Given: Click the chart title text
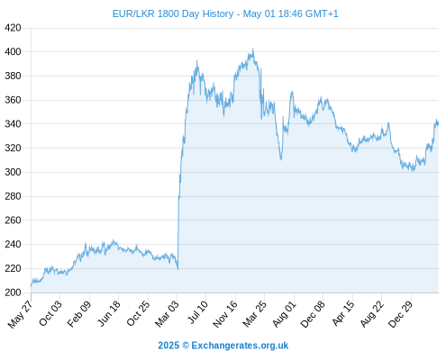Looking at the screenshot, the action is [x=225, y=13].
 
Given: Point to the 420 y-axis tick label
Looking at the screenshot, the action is [x=13, y=28].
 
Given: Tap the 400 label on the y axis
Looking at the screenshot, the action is [x=13, y=52].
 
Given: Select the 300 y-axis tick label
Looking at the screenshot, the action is [x=13, y=172].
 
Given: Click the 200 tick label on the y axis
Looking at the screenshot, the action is [x=13, y=292].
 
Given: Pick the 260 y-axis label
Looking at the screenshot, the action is [x=13, y=220].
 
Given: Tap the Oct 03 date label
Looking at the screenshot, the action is [x=50, y=313].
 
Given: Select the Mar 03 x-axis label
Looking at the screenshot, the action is [x=167, y=313].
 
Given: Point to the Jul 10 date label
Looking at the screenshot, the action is [x=197, y=311].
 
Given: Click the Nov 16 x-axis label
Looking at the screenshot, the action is [x=224, y=314].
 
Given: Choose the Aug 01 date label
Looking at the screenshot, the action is [x=284, y=314].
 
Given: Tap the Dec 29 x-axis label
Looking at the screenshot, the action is [x=401, y=314].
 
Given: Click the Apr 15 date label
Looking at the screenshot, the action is [x=343, y=313].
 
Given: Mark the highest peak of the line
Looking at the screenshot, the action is [x=253, y=49].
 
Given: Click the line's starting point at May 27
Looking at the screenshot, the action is [x=31, y=286].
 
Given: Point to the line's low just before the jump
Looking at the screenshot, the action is [x=177, y=269].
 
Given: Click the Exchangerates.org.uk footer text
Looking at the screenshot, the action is [x=240, y=346].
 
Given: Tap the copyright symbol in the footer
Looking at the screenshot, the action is [x=186, y=346].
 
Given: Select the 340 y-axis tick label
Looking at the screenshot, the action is [x=13, y=124].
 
